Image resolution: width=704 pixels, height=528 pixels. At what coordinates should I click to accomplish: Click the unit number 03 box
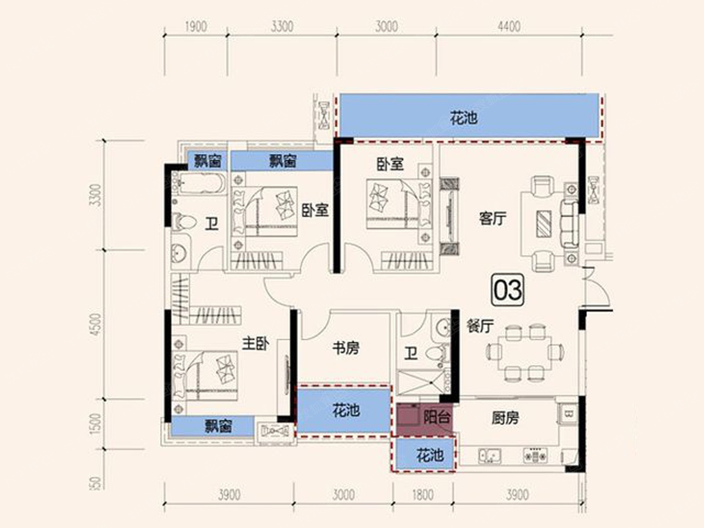508,289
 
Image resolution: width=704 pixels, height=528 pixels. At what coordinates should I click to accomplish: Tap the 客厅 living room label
493,219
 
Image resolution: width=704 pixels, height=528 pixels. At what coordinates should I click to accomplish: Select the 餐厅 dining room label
480,327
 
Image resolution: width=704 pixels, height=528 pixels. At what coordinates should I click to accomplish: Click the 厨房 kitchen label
505,418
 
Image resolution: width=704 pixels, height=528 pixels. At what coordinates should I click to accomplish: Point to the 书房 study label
346,348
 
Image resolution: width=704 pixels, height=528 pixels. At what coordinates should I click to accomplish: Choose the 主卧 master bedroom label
256,343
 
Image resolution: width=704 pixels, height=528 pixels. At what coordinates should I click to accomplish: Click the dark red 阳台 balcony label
437,417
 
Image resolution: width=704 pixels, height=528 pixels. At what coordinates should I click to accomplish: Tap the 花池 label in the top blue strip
464,119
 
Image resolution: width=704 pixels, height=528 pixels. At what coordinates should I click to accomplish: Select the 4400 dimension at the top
509,26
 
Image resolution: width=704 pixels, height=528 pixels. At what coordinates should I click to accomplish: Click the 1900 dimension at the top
196,26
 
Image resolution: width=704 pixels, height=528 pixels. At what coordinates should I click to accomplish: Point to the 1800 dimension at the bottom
423,495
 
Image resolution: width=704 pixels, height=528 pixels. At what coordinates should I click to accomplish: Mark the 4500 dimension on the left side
96,324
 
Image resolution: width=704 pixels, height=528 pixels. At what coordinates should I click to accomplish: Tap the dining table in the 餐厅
525,353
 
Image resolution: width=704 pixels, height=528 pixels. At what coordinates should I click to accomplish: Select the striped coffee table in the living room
544,224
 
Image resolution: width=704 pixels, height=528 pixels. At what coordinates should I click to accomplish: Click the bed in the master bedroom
205,375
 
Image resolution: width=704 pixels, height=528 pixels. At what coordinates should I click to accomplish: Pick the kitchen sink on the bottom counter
490,456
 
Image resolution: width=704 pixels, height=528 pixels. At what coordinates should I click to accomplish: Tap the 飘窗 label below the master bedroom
218,426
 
